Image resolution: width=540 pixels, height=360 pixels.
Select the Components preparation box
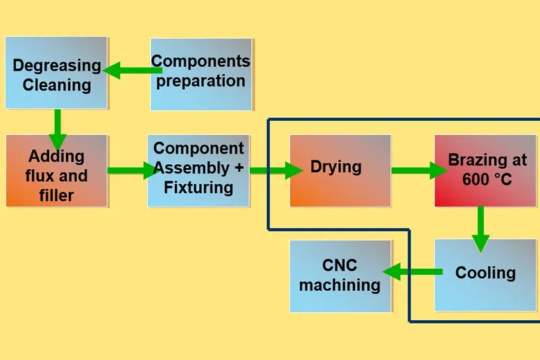(201, 74)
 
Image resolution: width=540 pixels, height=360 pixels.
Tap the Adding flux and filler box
(57, 171)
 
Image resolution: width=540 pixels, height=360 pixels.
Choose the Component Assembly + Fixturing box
(198, 170)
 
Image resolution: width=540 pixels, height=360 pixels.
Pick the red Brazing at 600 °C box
(485, 170)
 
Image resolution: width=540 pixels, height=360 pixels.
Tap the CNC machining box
(340, 276)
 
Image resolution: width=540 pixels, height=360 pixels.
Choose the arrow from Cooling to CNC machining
(412, 272)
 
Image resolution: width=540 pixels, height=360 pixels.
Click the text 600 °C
(486, 180)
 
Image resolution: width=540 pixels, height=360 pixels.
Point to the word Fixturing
(198, 186)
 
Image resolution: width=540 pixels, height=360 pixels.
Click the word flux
(39, 176)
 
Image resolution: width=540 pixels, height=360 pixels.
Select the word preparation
(201, 81)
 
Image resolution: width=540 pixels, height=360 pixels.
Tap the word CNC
(340, 265)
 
